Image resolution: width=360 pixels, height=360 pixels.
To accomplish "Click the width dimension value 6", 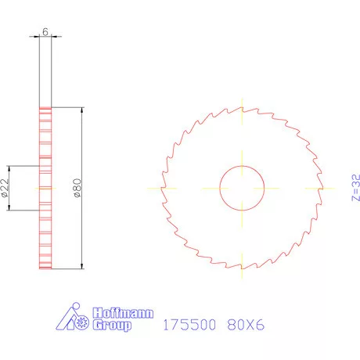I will point(45,32).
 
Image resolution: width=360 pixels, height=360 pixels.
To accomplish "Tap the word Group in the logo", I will point(112,325).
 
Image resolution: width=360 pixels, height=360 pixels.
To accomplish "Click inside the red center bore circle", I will point(242,189).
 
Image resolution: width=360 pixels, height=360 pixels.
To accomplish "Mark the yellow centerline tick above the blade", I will point(242,106).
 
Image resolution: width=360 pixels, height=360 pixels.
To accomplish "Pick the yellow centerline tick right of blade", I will point(322,189).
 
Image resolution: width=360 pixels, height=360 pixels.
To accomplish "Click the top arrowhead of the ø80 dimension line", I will point(82,110).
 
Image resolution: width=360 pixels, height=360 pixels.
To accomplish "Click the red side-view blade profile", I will point(45,235).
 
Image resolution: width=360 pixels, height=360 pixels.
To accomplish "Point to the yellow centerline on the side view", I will point(45,189).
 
